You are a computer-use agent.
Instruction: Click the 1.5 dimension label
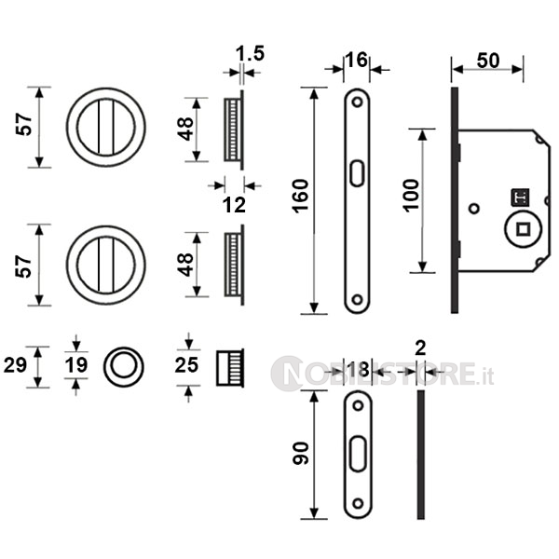pos(250,53)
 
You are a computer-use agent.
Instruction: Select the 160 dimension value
pos(301,196)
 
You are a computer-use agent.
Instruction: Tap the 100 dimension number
pos(412,196)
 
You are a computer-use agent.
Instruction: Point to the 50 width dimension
pos(488,61)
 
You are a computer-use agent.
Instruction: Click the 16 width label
pos(356,60)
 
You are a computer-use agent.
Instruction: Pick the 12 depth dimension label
pos(234,205)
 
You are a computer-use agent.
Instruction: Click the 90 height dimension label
pos(301,453)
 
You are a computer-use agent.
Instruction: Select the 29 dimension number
pos(15,365)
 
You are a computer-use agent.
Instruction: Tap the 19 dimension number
pos(76,365)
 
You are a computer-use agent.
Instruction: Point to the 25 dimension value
pos(186,365)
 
